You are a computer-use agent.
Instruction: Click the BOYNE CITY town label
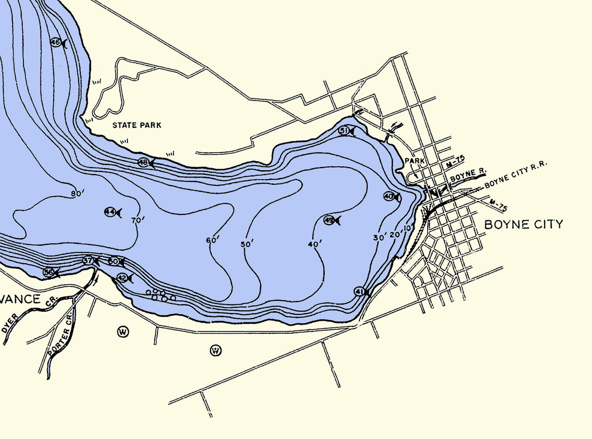pyautogui.click(x=523, y=224)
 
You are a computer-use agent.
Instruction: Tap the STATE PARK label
pyautogui.click(x=137, y=125)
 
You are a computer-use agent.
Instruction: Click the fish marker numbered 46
pyautogui.click(x=58, y=43)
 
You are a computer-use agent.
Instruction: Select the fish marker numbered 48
pyautogui.click(x=146, y=163)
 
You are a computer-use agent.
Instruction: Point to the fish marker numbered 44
pyautogui.click(x=112, y=212)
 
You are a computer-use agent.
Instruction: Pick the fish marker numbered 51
pyautogui.click(x=346, y=131)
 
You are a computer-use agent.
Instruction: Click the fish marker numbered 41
pyautogui.click(x=361, y=292)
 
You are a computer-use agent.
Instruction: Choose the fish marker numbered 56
pyautogui.click(x=51, y=273)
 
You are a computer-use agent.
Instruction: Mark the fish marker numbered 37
pyautogui.click(x=90, y=261)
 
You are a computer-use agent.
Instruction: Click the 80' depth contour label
pyautogui.click(x=78, y=193)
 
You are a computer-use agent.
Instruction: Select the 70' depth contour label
pyautogui.click(x=138, y=220)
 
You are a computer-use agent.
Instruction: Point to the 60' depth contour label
pyautogui.click(x=213, y=240)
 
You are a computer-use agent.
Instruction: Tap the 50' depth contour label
pyautogui.click(x=247, y=244)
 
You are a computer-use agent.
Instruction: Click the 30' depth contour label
pyautogui.click(x=380, y=237)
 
